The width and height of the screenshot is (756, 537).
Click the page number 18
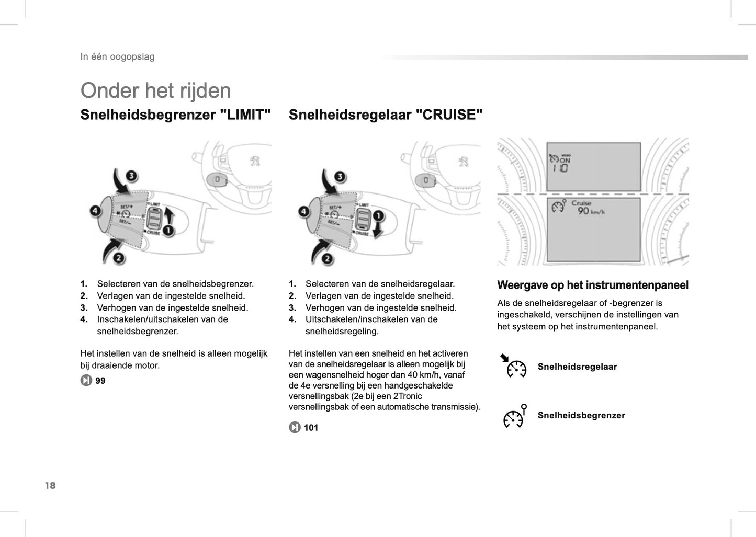point(50,485)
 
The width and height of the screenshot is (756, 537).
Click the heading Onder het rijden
point(155,90)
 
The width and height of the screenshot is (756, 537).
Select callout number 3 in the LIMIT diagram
point(131,176)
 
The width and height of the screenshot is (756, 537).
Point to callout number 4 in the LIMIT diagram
point(95,211)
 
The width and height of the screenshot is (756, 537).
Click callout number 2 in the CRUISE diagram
point(327,258)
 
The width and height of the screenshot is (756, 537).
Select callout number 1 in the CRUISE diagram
point(378,216)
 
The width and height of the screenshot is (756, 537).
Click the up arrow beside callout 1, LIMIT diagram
point(169,214)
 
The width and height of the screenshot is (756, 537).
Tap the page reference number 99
point(100,381)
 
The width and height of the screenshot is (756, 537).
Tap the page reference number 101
point(311,428)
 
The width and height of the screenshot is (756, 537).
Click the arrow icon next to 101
point(295,428)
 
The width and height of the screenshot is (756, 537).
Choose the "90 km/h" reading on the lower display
point(590,211)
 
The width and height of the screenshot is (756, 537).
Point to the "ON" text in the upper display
point(565,161)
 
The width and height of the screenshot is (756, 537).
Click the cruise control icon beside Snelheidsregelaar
point(514,366)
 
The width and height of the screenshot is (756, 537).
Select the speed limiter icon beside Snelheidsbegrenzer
point(514,416)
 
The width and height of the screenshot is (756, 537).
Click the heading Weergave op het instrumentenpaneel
point(592,285)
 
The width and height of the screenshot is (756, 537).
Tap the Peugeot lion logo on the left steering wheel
point(255,161)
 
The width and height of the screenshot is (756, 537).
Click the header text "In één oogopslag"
point(117,56)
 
